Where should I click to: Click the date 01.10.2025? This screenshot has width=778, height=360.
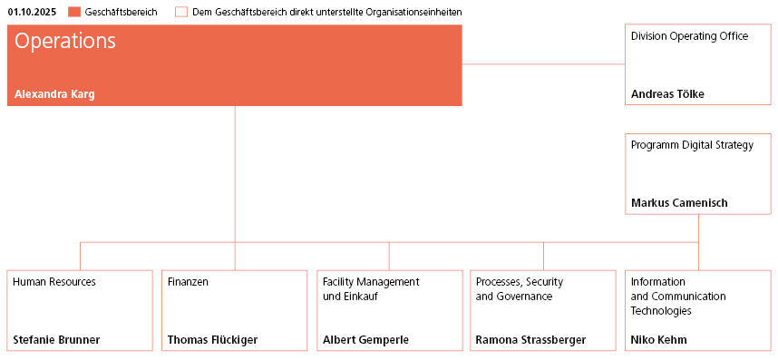point(34,12)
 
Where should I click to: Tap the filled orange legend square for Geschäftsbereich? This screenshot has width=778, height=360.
point(74,12)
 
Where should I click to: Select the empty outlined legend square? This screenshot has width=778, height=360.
point(181,12)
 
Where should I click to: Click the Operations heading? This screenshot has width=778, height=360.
point(65,42)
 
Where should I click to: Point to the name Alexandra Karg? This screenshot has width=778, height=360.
point(54,93)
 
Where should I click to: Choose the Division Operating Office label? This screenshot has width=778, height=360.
point(689,36)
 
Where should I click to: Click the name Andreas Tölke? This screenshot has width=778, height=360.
point(667,93)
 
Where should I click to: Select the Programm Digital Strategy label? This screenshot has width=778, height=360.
point(692,145)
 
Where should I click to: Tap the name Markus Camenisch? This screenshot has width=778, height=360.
point(679,202)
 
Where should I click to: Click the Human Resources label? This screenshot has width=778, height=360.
point(54,282)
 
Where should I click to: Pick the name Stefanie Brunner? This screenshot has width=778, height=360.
point(56,340)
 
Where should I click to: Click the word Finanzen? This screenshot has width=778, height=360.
point(188,282)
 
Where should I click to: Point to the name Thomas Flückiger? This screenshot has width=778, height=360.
point(212,340)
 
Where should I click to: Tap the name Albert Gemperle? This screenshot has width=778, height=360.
point(365,340)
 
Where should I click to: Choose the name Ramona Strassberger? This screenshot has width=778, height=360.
point(530,340)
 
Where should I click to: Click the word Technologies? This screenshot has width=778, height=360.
point(661,311)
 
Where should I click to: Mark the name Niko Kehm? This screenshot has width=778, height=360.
point(658,340)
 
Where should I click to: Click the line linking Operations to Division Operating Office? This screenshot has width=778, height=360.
point(544,63)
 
